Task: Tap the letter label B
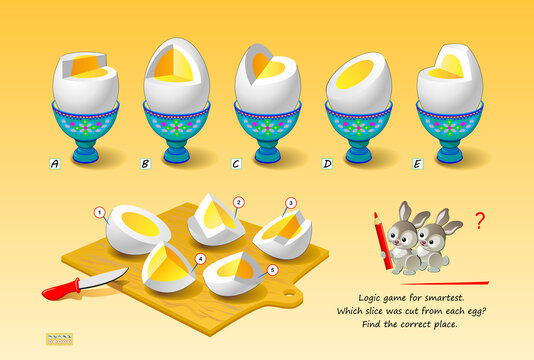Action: [x=145, y=162]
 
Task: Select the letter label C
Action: [x=235, y=162]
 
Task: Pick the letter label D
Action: [x=327, y=162]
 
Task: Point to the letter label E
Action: [x=418, y=162]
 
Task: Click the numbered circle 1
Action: [x=99, y=211]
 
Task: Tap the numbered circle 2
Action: [x=238, y=202]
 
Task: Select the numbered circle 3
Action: [x=291, y=203]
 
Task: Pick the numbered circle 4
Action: [x=200, y=258]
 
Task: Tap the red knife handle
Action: [x=61, y=290]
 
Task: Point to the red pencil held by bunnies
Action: [x=382, y=240]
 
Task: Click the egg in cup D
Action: [x=358, y=82]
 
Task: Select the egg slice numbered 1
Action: [x=138, y=228]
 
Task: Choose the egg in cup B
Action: [x=176, y=75]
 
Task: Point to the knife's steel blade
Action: [x=105, y=277]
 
